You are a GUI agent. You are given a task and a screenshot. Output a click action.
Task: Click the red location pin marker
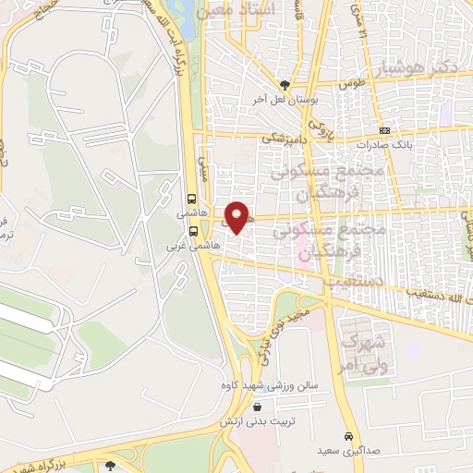[239, 217]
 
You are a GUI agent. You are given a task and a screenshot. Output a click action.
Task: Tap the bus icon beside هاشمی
[191, 198]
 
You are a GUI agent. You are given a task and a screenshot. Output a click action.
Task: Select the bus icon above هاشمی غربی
[193, 232]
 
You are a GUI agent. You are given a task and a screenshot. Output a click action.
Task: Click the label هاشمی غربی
[185, 247]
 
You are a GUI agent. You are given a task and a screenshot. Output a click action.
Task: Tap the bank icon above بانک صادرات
[385, 131]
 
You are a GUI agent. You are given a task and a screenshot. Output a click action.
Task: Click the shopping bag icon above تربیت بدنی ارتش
[256, 406]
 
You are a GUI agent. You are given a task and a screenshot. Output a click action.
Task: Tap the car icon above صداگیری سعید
[347, 436]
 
